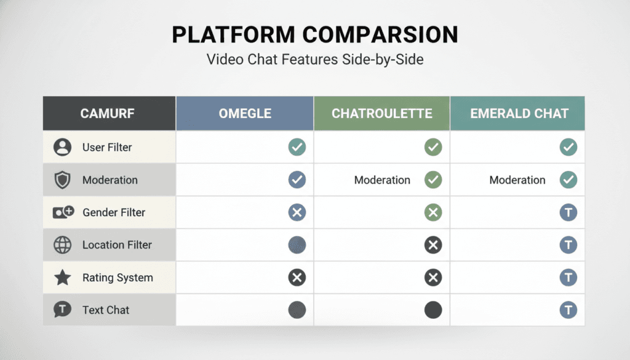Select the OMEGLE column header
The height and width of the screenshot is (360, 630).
pos(245,113)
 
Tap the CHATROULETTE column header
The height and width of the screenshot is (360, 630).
pos(381,113)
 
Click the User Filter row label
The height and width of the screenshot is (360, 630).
pos(107,148)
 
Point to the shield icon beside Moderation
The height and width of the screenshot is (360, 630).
pos(63,180)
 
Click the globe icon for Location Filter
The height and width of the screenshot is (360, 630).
pos(63,245)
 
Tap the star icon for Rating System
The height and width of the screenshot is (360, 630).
pos(63,278)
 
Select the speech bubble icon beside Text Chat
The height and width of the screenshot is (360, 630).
pos(63,310)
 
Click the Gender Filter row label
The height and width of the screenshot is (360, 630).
pos(114,212)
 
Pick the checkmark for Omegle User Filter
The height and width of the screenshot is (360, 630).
pos(297,147)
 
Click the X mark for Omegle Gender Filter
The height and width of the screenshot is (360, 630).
pos(297,213)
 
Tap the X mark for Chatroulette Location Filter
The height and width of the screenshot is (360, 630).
pos(433,245)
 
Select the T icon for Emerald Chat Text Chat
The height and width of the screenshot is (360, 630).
pos(568,310)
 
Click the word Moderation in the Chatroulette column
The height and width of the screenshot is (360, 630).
pos(382,180)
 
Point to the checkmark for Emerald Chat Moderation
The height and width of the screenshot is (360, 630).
pos(568,180)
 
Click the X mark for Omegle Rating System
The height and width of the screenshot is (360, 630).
pos(297,278)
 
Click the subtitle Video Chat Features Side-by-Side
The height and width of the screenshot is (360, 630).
pos(315,60)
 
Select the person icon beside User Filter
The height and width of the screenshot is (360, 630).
pos(63,148)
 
